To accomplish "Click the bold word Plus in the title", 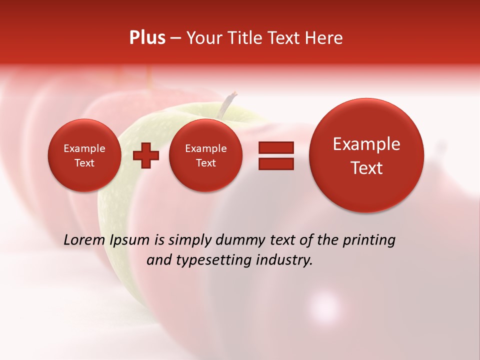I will (x=147, y=38).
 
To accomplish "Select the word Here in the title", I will (x=323, y=38).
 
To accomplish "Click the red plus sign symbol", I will (x=146, y=155).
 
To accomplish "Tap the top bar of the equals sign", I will (x=276, y=147).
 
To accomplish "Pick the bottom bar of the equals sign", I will (x=276, y=163).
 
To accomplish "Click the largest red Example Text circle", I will (x=366, y=155).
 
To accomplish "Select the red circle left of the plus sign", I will (x=84, y=155).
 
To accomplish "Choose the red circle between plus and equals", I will (x=205, y=155).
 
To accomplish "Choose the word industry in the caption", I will (x=286, y=260).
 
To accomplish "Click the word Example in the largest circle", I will (x=366, y=144).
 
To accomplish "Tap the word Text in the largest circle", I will (x=366, y=168).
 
